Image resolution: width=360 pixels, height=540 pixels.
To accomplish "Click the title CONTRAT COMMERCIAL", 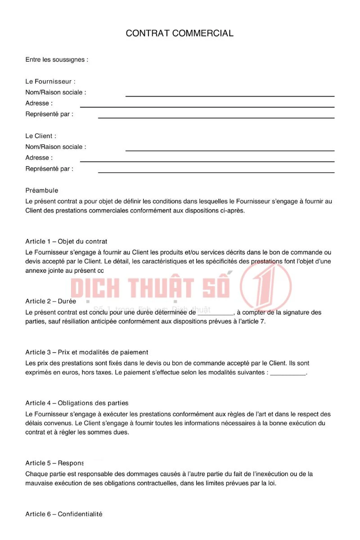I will (x=180, y=33).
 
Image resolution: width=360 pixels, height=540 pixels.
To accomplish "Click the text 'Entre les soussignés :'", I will (x=57, y=59).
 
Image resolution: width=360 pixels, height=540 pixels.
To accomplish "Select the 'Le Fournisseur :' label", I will (x=50, y=81).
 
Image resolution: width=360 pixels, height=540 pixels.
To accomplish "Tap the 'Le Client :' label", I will (x=41, y=136).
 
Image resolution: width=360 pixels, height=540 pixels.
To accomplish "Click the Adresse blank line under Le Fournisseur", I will (x=207, y=107).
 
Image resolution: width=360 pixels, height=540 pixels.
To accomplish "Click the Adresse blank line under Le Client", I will (x=207, y=161).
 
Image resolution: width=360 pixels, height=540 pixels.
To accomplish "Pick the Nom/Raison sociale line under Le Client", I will (x=229, y=150).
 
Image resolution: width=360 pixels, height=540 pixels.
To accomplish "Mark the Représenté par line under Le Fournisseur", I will (x=216, y=117).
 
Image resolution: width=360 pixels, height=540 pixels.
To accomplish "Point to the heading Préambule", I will (x=42, y=190).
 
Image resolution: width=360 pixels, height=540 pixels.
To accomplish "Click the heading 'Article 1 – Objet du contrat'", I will (x=66, y=242).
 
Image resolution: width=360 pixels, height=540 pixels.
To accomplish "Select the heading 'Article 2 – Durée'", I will (x=51, y=301).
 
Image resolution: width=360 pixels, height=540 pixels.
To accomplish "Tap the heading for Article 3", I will (x=87, y=352).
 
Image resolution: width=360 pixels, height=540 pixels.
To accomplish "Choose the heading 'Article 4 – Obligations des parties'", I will (x=77, y=403).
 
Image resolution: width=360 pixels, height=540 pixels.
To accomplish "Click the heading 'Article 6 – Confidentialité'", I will (x=64, y=514).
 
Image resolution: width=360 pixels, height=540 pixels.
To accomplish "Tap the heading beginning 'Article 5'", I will (x=54, y=463).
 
